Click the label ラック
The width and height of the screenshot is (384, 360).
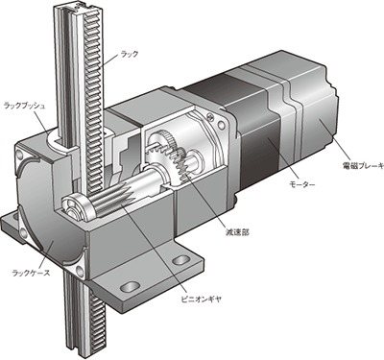pyautogui.click(x=130, y=54)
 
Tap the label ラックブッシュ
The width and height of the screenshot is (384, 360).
pyautogui.click(x=24, y=106)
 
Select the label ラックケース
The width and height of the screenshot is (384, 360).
pyautogui.click(x=31, y=273)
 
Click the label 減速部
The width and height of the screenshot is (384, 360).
pyautogui.click(x=237, y=232)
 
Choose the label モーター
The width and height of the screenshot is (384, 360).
pyautogui.click(x=302, y=184)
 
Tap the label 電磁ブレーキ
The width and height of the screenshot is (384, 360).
pyautogui.click(x=363, y=165)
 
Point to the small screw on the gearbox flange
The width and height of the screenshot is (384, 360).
pyautogui.click(x=210, y=117)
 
